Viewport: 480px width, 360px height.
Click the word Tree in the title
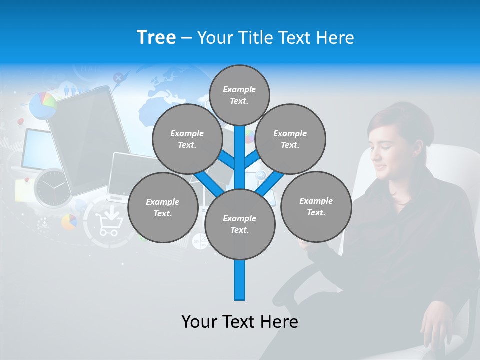[x=156, y=37]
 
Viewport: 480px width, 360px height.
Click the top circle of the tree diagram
[x=239, y=95]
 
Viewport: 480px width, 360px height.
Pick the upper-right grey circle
[x=290, y=139]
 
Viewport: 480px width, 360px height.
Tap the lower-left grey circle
[x=162, y=208]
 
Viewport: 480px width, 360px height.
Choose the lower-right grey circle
[x=316, y=207]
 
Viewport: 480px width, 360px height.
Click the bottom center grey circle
[x=240, y=224]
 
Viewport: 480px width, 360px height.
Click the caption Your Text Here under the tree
[x=240, y=322]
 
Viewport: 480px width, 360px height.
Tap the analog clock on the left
[x=52, y=188]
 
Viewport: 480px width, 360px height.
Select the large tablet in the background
[x=90, y=140]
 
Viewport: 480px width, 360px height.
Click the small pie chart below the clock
[x=69, y=221]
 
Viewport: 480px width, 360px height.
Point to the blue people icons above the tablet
[x=70, y=90]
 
